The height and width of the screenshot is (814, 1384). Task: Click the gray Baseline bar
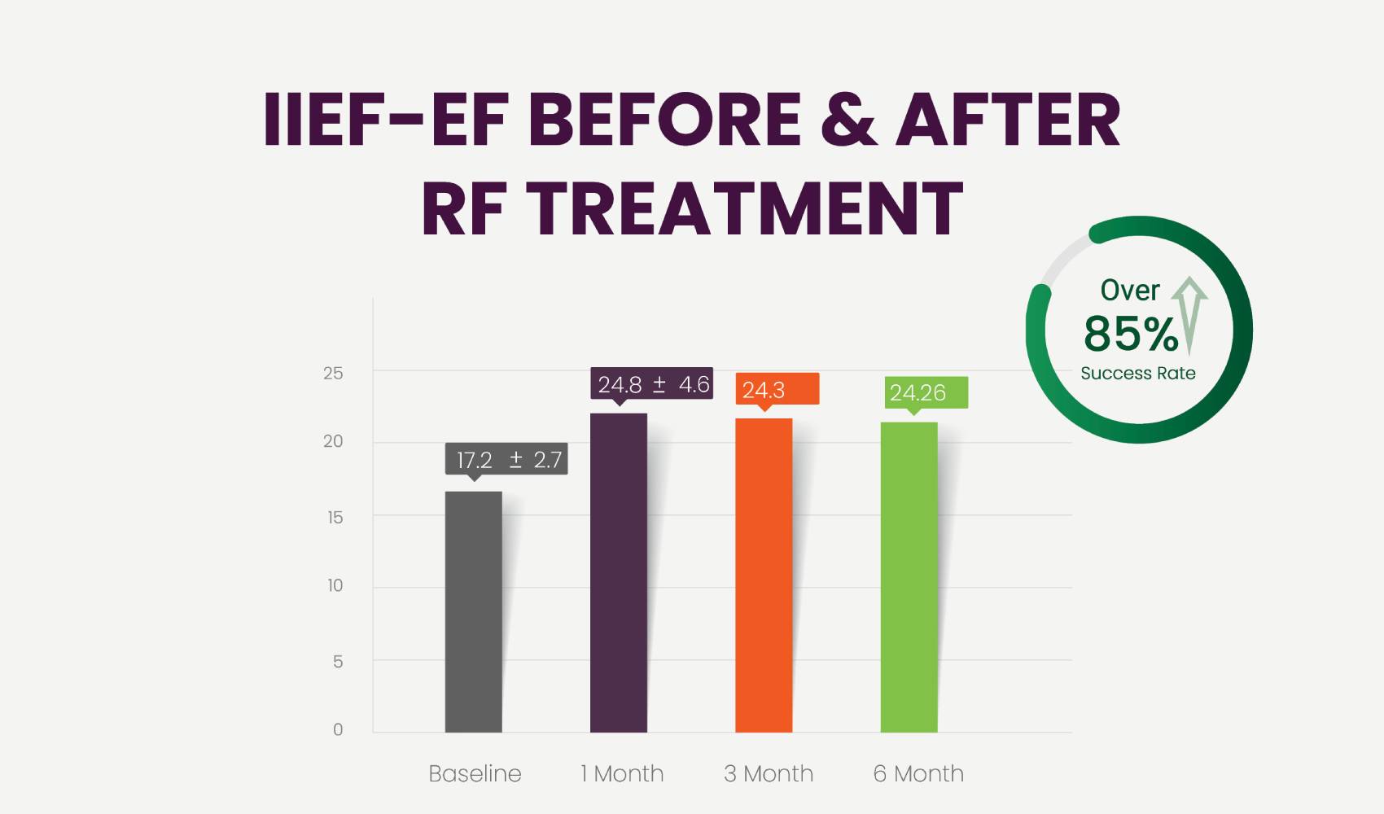473,611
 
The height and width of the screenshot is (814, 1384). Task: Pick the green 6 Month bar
909,577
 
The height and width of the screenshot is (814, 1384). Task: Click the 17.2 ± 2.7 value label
506,459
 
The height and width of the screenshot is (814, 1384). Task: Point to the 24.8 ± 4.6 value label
652,383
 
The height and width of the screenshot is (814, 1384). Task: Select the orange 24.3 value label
777,389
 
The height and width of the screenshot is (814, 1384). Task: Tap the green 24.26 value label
926,392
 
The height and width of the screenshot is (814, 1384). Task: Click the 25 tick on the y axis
333,374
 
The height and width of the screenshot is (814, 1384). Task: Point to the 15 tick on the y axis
335,518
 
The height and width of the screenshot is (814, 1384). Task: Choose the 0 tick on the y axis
338,729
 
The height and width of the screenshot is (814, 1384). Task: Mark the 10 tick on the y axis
335,585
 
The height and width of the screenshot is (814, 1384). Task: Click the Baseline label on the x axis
475,773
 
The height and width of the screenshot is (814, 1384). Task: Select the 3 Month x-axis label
769,773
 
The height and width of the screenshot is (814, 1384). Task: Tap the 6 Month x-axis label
918,773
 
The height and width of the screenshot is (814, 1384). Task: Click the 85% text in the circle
1130,334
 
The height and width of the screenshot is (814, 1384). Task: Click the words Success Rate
1137,374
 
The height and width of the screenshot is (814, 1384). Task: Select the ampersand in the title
848,120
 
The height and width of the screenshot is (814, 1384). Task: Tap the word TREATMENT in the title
745,208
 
